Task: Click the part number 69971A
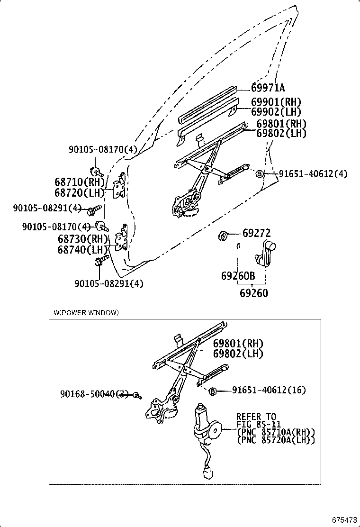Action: pyautogui.click(x=268, y=88)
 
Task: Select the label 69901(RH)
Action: pyautogui.click(x=276, y=102)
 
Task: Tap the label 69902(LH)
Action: pyautogui.click(x=276, y=112)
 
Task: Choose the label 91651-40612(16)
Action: pyautogui.click(x=269, y=390)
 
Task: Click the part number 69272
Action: pyautogui.click(x=257, y=233)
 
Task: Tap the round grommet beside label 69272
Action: pyautogui.click(x=223, y=235)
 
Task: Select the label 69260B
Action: pyautogui.click(x=238, y=276)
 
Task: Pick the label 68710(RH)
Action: pyautogui.click(x=79, y=182)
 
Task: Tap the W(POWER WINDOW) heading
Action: pyautogui.click(x=86, y=312)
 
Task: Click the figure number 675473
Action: pyautogui.click(x=344, y=520)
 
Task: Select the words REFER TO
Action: pyautogui.click(x=256, y=417)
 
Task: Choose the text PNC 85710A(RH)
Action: pyautogui.click(x=276, y=432)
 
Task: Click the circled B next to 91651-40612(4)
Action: pyautogui.click(x=259, y=174)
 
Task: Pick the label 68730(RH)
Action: pyautogui.click(x=80, y=239)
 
